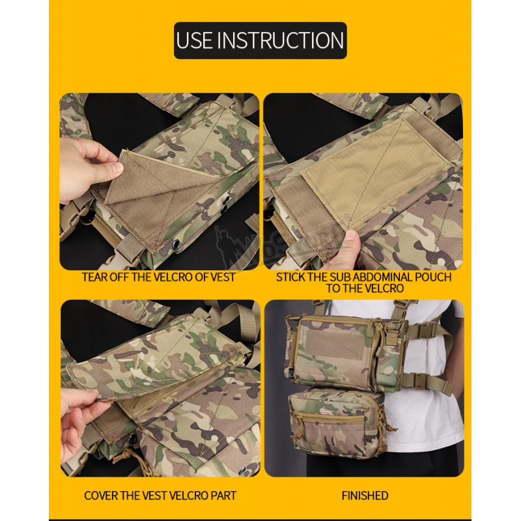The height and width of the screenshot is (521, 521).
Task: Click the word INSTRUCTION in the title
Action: point(282,40)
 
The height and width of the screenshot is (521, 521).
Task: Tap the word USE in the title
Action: point(194,40)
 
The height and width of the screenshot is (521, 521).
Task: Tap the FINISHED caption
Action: point(365,496)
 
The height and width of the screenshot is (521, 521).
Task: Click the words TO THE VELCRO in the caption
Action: point(365,288)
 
